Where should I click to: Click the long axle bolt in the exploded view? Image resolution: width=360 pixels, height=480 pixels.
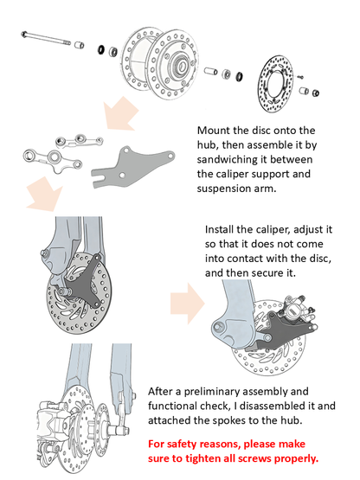[x=46, y=39]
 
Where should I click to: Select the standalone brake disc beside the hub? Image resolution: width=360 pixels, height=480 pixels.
[x=275, y=84]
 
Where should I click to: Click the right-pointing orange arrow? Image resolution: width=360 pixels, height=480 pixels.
[x=188, y=303]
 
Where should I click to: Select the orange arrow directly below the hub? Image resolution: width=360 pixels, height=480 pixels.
[x=120, y=113]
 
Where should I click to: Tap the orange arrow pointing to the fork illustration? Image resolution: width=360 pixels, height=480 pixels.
[x=44, y=194]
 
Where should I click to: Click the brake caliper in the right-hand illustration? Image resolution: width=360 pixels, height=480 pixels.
[x=297, y=313]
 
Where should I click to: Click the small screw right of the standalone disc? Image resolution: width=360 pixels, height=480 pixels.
[x=300, y=76]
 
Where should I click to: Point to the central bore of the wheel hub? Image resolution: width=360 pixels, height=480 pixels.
[x=181, y=66]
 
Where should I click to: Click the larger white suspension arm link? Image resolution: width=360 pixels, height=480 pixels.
[x=53, y=159]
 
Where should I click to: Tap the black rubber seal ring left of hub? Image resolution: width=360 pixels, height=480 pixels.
[x=100, y=49]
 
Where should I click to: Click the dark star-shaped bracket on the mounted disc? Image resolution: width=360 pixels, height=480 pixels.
[x=83, y=282]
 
